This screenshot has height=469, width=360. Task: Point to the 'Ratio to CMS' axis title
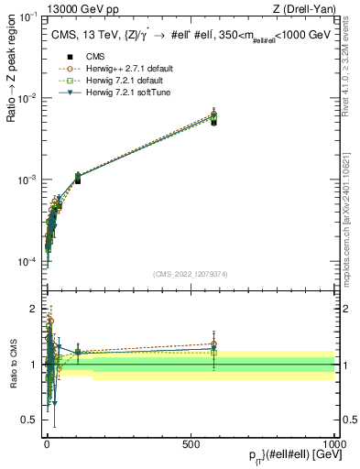(12, 379)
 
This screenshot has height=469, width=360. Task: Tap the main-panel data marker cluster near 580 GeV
(213, 117)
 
